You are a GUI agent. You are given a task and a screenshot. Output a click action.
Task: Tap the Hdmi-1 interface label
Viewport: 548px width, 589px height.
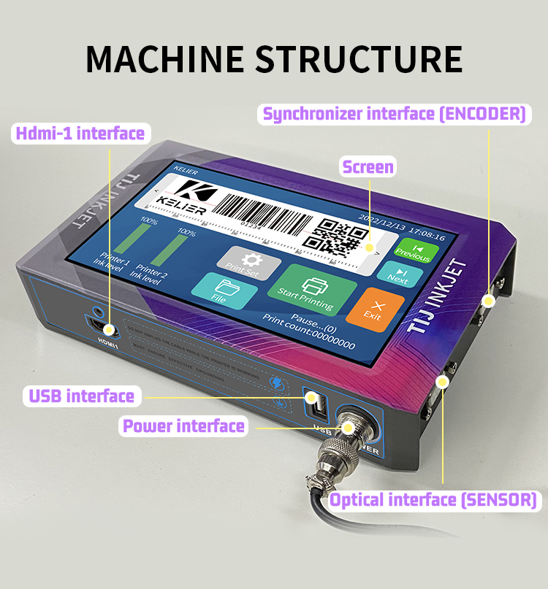point(80,133)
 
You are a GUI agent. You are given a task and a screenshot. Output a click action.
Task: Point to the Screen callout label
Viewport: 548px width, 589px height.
point(368,167)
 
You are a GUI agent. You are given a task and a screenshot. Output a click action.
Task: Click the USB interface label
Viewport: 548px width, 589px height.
point(82,396)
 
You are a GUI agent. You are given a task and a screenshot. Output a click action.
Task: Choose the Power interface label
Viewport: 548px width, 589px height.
point(183,426)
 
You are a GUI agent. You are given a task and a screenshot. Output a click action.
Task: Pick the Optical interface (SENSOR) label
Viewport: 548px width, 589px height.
point(433,500)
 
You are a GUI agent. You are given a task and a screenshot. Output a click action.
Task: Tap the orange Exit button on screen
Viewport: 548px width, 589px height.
point(374,309)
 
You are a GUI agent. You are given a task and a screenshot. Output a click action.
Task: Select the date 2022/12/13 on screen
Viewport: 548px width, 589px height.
point(381,217)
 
